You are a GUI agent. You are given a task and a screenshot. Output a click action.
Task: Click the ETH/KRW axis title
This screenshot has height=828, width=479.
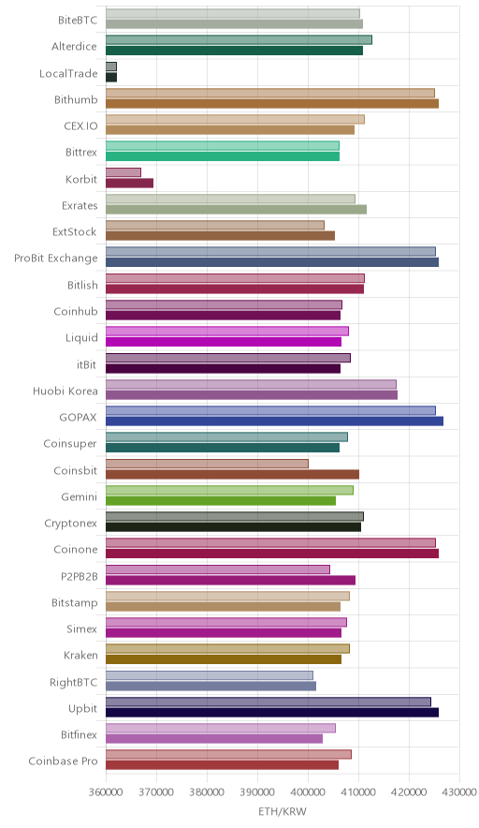click(283, 811)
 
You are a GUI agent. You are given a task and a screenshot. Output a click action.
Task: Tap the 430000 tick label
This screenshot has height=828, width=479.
click(459, 792)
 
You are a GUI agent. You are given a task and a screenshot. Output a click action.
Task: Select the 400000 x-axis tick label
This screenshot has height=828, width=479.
click(308, 792)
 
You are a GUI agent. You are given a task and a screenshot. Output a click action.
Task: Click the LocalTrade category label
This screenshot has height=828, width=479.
click(68, 73)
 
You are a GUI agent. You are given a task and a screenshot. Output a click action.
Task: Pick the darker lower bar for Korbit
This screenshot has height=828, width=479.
click(129, 184)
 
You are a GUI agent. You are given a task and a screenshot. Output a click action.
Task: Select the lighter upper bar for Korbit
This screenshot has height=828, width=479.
click(123, 172)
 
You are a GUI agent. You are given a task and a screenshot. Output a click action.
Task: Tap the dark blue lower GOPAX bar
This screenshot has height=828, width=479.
click(274, 421)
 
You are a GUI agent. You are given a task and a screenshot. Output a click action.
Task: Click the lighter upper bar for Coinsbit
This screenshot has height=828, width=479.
click(208, 464)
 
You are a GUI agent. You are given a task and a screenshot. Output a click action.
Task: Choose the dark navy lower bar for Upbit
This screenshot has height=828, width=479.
click(272, 713)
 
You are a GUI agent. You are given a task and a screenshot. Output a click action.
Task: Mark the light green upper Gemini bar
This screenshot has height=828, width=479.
click(229, 490)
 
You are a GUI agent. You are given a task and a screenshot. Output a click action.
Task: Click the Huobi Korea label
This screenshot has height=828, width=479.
click(65, 391)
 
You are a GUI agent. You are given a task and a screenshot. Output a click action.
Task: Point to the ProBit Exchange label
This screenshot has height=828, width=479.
click(56, 259)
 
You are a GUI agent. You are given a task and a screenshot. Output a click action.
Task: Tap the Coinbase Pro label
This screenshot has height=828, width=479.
click(64, 761)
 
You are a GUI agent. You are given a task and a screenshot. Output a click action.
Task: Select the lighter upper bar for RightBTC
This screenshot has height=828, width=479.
click(210, 675)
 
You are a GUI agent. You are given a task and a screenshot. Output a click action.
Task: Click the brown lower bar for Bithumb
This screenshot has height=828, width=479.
click(272, 103)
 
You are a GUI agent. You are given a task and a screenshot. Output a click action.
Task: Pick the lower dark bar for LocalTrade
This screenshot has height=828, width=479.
click(111, 78)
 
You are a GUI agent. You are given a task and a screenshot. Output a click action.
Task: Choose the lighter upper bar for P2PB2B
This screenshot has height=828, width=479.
click(218, 569)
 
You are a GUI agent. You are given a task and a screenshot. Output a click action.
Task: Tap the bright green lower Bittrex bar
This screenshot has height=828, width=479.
click(223, 156)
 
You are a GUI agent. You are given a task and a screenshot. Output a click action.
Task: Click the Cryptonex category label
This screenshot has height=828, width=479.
click(71, 524)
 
